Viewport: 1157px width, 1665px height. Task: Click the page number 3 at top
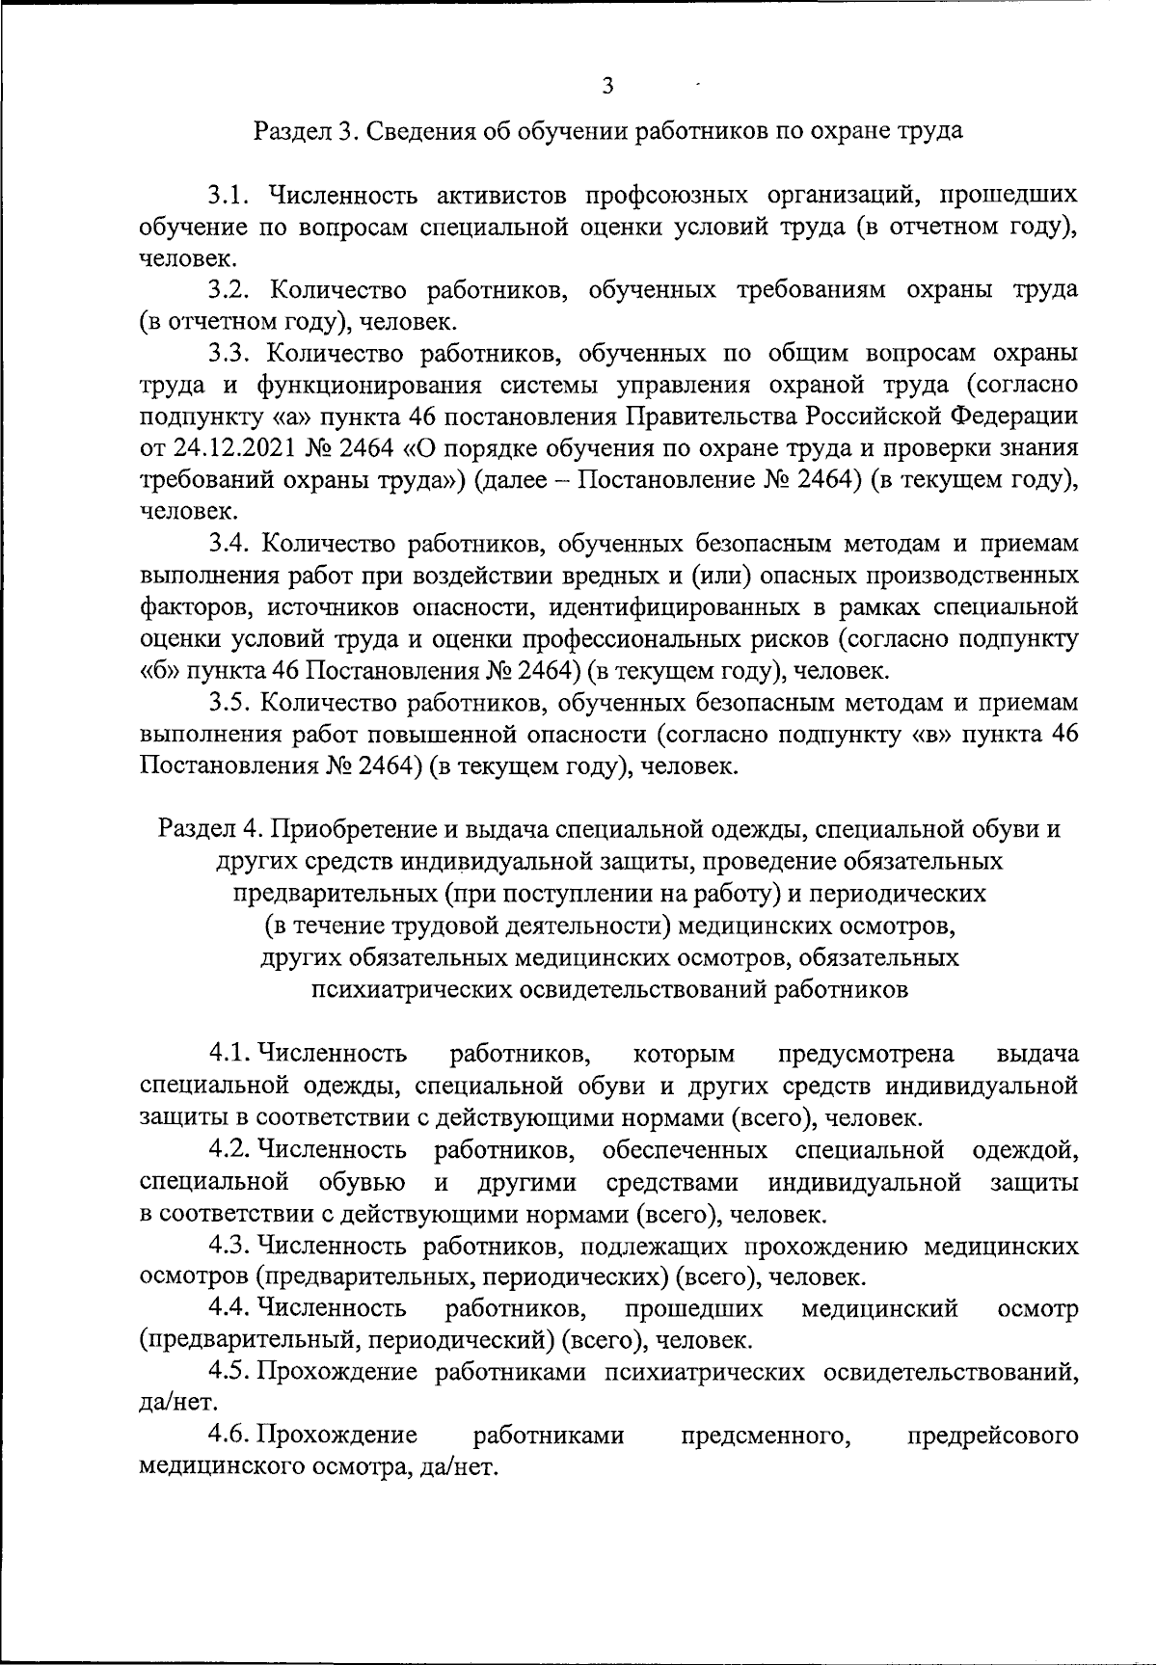pos(607,86)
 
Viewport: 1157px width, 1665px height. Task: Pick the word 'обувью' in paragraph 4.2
pos(361,1181)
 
